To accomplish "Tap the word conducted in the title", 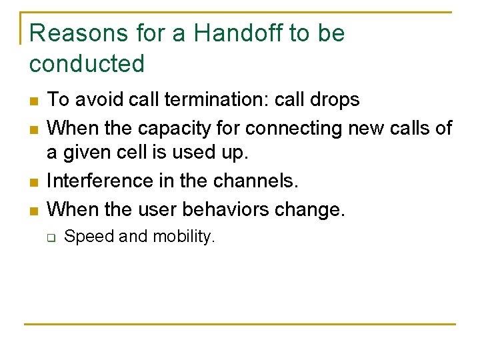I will (87, 64).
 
